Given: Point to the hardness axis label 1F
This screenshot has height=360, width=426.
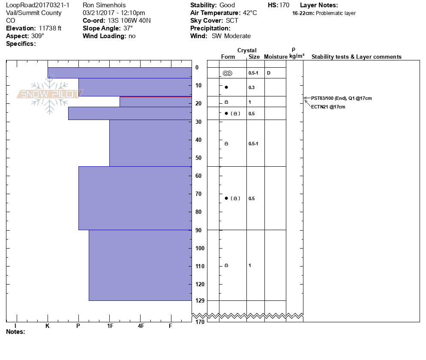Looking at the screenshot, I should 110,326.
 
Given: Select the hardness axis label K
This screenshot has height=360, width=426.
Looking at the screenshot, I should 48,326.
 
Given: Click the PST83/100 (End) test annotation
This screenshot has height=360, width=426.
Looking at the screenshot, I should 341,98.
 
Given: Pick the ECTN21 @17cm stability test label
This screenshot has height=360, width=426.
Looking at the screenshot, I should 328,107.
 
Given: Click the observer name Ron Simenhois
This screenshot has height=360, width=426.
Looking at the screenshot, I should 105,5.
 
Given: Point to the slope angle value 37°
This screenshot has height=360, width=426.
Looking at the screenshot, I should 126,28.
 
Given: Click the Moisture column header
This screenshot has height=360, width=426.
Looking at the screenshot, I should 276,57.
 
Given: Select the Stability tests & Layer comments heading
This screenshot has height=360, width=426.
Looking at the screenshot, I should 356,57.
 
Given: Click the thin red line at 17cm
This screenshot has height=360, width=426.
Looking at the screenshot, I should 156,97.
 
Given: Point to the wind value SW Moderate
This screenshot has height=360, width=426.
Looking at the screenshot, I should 231,36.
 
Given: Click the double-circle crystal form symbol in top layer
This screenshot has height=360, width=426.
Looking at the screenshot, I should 227,73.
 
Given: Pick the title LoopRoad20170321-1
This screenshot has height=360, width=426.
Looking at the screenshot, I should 38,5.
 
